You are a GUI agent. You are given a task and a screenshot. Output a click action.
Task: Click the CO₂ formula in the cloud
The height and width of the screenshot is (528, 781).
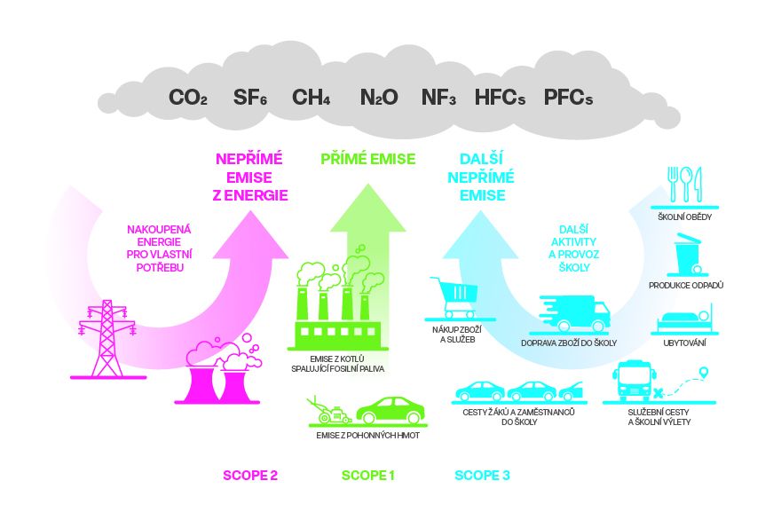(x=188, y=97)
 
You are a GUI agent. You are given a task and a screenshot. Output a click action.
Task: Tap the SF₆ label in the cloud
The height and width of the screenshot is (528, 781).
(x=249, y=97)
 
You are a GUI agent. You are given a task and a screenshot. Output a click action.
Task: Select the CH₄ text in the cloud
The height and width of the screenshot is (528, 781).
(x=311, y=97)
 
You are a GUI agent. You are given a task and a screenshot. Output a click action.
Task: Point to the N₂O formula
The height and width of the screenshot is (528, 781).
(x=379, y=97)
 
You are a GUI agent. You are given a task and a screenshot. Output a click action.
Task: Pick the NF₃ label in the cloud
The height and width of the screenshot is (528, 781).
(x=438, y=97)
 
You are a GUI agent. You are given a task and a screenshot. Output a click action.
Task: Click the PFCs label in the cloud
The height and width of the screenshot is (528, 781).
(x=568, y=97)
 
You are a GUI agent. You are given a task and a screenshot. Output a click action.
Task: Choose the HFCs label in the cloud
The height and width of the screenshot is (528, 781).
(x=500, y=97)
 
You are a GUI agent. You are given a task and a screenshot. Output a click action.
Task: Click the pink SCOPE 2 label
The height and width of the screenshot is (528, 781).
(x=249, y=476)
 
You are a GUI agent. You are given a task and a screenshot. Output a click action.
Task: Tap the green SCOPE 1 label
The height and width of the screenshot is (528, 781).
(x=368, y=476)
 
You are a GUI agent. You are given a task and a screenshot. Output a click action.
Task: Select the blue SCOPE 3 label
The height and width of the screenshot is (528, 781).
(x=482, y=476)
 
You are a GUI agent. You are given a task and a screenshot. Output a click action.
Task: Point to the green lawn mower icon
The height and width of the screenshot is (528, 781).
(x=327, y=411)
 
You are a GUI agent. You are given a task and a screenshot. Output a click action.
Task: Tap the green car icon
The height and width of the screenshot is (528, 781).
(x=390, y=410)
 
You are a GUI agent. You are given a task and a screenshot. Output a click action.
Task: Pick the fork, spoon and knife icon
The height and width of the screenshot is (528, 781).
(x=685, y=184)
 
